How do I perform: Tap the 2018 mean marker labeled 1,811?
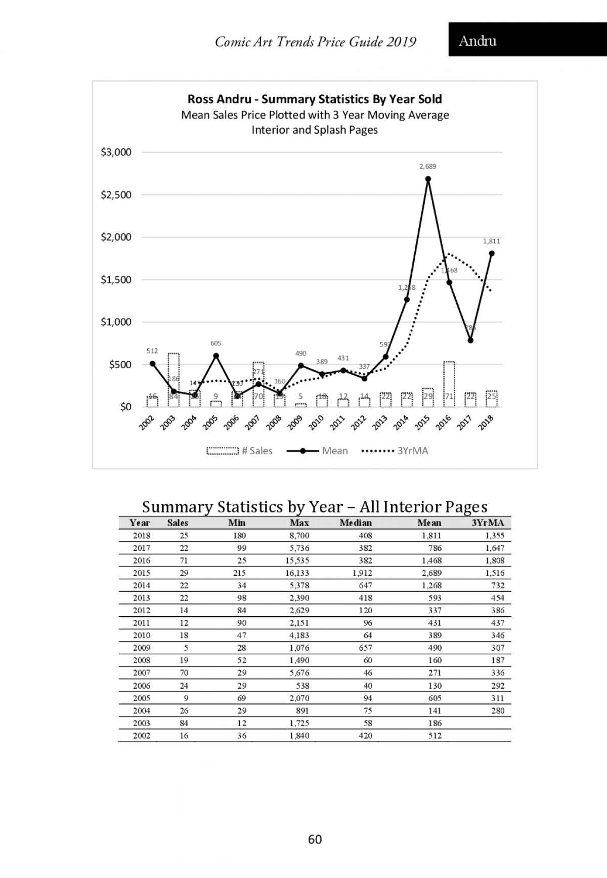pyautogui.click(x=492, y=254)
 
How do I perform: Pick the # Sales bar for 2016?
pyautogui.click(x=449, y=383)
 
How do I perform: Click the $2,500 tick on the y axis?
pyautogui.click(x=116, y=195)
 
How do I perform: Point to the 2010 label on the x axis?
pyautogui.click(x=316, y=422)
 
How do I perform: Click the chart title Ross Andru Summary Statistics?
pyautogui.click(x=315, y=99)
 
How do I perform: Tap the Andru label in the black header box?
pyautogui.click(x=478, y=41)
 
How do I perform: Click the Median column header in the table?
pyautogui.click(x=356, y=523)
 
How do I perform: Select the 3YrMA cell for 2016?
pyautogui.click(x=494, y=561)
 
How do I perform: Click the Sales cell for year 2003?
pyautogui.click(x=184, y=723)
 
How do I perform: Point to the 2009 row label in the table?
pyautogui.click(x=142, y=648)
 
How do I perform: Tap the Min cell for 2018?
pyautogui.click(x=239, y=536)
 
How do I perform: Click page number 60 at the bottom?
pyautogui.click(x=315, y=840)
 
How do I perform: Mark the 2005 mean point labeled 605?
pyautogui.click(x=216, y=355)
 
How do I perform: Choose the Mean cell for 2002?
pyautogui.click(x=435, y=736)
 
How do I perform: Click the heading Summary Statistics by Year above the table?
pyautogui.click(x=315, y=507)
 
